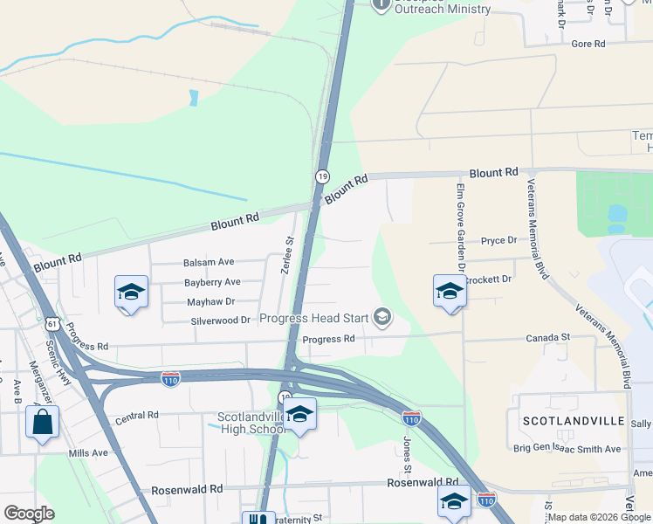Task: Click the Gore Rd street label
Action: pyautogui.click(x=588, y=44)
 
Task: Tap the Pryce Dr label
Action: pyautogui.click(x=498, y=240)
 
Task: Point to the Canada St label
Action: pyautogui.click(x=547, y=337)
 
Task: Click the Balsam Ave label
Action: pyautogui.click(x=209, y=262)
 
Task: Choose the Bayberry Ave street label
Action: pyautogui.click(x=212, y=282)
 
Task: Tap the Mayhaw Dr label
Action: pyautogui.click(x=211, y=301)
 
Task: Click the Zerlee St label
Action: pyautogui.click(x=286, y=254)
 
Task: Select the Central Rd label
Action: pyautogui.click(x=136, y=416)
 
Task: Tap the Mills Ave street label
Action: pyautogui.click(x=88, y=453)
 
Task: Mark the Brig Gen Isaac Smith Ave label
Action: pyautogui.click(x=567, y=449)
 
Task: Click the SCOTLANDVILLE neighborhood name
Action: pyautogui.click(x=574, y=421)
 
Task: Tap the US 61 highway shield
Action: pyautogui.click(x=53, y=325)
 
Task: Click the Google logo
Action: pyautogui.click(x=29, y=514)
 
